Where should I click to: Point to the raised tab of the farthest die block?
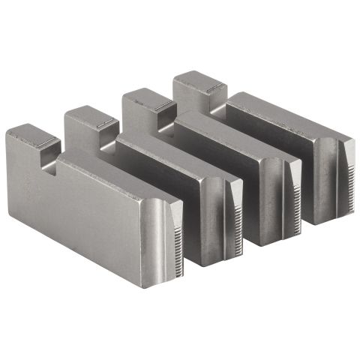pos(196,84)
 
